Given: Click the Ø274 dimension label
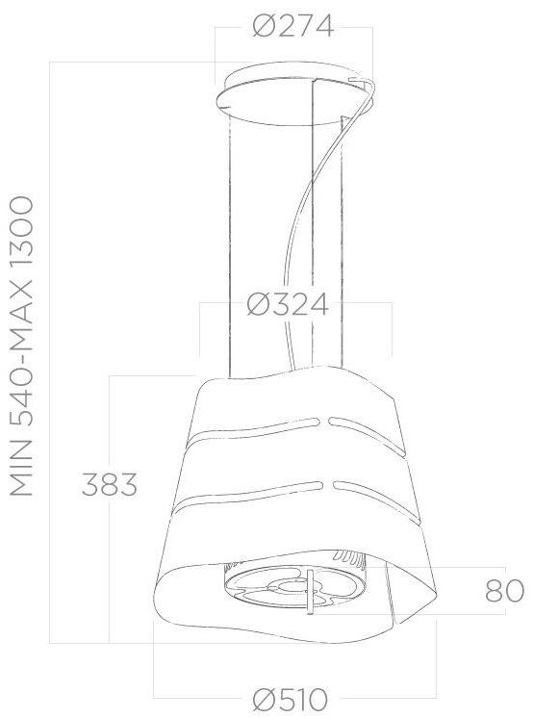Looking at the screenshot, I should pyautogui.click(x=292, y=28).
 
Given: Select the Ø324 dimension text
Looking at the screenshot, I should pyautogui.click(x=287, y=305).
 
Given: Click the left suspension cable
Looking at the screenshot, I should pyautogui.click(x=229, y=241).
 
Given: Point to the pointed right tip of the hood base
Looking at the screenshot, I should pyautogui.click(x=444, y=600).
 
